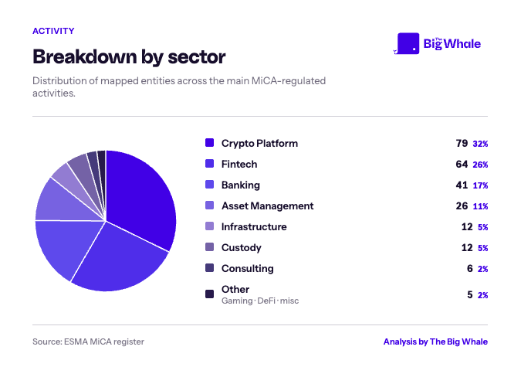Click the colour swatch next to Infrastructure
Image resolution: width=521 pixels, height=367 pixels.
[x=210, y=226]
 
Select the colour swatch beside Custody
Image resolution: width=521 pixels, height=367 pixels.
[x=210, y=247]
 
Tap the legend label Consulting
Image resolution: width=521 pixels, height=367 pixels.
[x=248, y=269]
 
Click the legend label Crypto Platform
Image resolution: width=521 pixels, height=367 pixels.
[x=260, y=144]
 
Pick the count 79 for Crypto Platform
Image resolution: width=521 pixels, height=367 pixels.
[x=462, y=144]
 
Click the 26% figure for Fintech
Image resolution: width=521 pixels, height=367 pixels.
[x=480, y=165]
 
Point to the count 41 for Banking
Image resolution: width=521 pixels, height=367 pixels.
[x=462, y=185]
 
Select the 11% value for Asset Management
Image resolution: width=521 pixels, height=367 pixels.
[x=480, y=206]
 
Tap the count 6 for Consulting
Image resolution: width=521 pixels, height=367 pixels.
[x=470, y=269]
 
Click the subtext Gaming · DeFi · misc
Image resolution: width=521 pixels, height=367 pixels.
[x=260, y=301]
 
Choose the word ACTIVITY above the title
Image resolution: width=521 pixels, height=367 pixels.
[x=53, y=31]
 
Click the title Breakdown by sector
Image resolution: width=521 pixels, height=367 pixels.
[x=129, y=57]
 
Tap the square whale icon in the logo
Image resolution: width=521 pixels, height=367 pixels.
[x=408, y=43]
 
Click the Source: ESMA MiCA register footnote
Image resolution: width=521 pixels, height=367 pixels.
[x=89, y=342]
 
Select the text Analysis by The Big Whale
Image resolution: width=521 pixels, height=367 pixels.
[x=435, y=342]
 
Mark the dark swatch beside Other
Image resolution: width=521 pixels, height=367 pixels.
[x=210, y=294]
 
